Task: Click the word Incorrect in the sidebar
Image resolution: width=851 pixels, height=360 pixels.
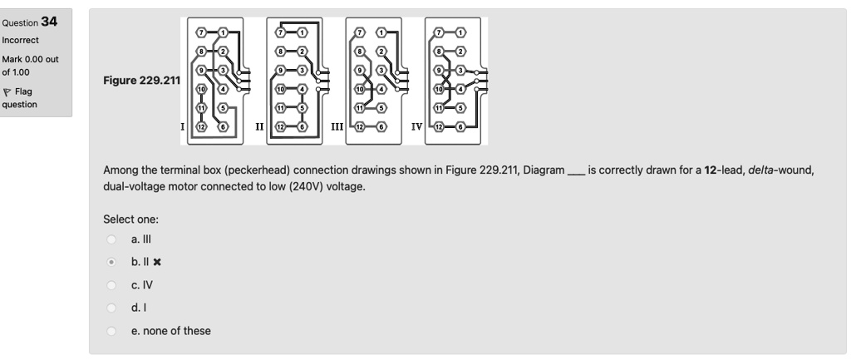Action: (x=24, y=39)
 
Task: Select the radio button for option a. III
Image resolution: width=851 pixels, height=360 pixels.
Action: (x=111, y=239)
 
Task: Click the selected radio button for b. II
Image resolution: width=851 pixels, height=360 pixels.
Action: (x=111, y=262)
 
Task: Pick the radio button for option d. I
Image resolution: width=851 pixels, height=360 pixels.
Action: (x=111, y=308)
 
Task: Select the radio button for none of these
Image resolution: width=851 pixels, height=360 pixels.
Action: (x=111, y=331)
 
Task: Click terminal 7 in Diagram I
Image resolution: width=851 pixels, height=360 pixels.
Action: (x=200, y=32)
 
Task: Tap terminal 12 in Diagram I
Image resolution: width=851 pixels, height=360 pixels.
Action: (x=200, y=126)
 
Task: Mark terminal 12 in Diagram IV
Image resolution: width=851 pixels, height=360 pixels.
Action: (x=437, y=126)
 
